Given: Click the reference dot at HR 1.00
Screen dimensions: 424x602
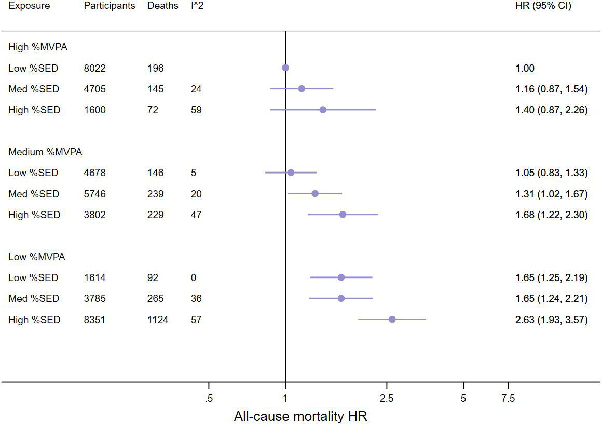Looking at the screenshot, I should [x=285, y=68].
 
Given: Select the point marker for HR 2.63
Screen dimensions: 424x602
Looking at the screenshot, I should [x=392, y=319].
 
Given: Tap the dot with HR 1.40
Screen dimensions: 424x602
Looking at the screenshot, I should [x=323, y=110].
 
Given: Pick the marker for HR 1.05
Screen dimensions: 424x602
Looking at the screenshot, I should [x=291, y=173].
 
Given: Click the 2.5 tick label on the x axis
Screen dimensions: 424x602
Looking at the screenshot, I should [x=387, y=399].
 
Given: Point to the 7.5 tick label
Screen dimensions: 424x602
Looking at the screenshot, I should [x=508, y=399].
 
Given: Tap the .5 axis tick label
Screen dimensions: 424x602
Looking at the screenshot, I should [x=209, y=399].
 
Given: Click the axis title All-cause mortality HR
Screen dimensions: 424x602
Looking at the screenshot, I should [x=300, y=416].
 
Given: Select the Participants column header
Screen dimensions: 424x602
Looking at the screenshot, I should [x=110, y=6].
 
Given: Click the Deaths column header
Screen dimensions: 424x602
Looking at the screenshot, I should [x=162, y=6].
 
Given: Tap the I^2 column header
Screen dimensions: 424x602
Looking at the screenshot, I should [x=198, y=6].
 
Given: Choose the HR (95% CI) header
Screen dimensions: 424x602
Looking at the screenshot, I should [x=541, y=6].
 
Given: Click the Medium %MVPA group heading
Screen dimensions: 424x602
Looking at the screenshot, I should [x=45, y=152].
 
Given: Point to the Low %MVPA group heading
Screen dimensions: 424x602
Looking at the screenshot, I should [x=37, y=257].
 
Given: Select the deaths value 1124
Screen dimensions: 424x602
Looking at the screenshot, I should [x=157, y=320].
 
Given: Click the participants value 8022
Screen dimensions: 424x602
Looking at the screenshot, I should [x=94, y=68].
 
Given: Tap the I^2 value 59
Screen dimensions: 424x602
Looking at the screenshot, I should [x=196, y=110].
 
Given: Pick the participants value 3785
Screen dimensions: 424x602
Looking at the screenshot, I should [x=94, y=299].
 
